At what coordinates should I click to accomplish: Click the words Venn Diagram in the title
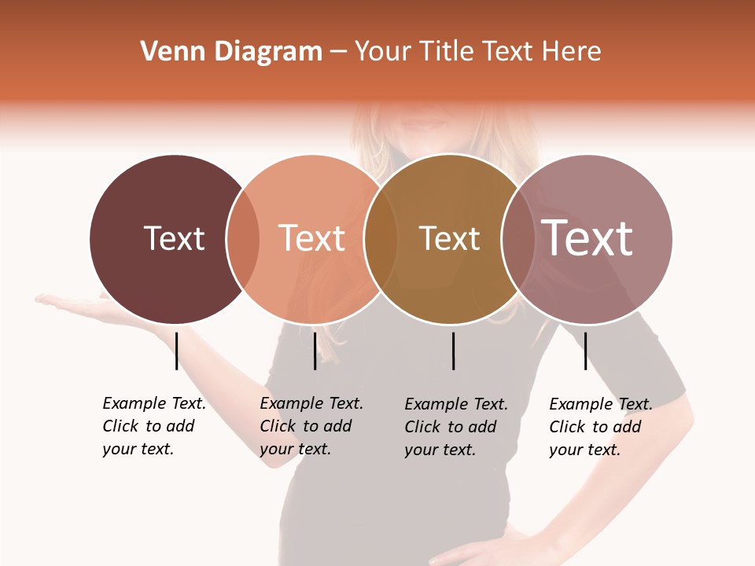click(231, 52)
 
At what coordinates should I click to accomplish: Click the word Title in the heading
click(447, 52)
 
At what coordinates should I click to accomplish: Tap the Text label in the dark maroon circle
click(174, 238)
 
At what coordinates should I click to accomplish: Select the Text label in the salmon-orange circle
click(312, 238)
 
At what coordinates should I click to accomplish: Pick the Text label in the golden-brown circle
click(449, 238)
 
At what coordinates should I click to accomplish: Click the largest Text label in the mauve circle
click(587, 237)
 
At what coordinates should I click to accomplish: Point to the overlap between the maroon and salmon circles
click(243, 239)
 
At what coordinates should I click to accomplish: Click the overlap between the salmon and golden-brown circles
click(381, 239)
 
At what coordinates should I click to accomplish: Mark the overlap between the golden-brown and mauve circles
click(517, 239)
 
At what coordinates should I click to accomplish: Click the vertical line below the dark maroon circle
click(177, 351)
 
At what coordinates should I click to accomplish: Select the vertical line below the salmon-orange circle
click(315, 351)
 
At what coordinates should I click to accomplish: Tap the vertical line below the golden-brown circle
click(454, 351)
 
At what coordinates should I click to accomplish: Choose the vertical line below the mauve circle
click(585, 351)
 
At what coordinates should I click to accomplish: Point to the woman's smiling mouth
click(425, 123)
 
